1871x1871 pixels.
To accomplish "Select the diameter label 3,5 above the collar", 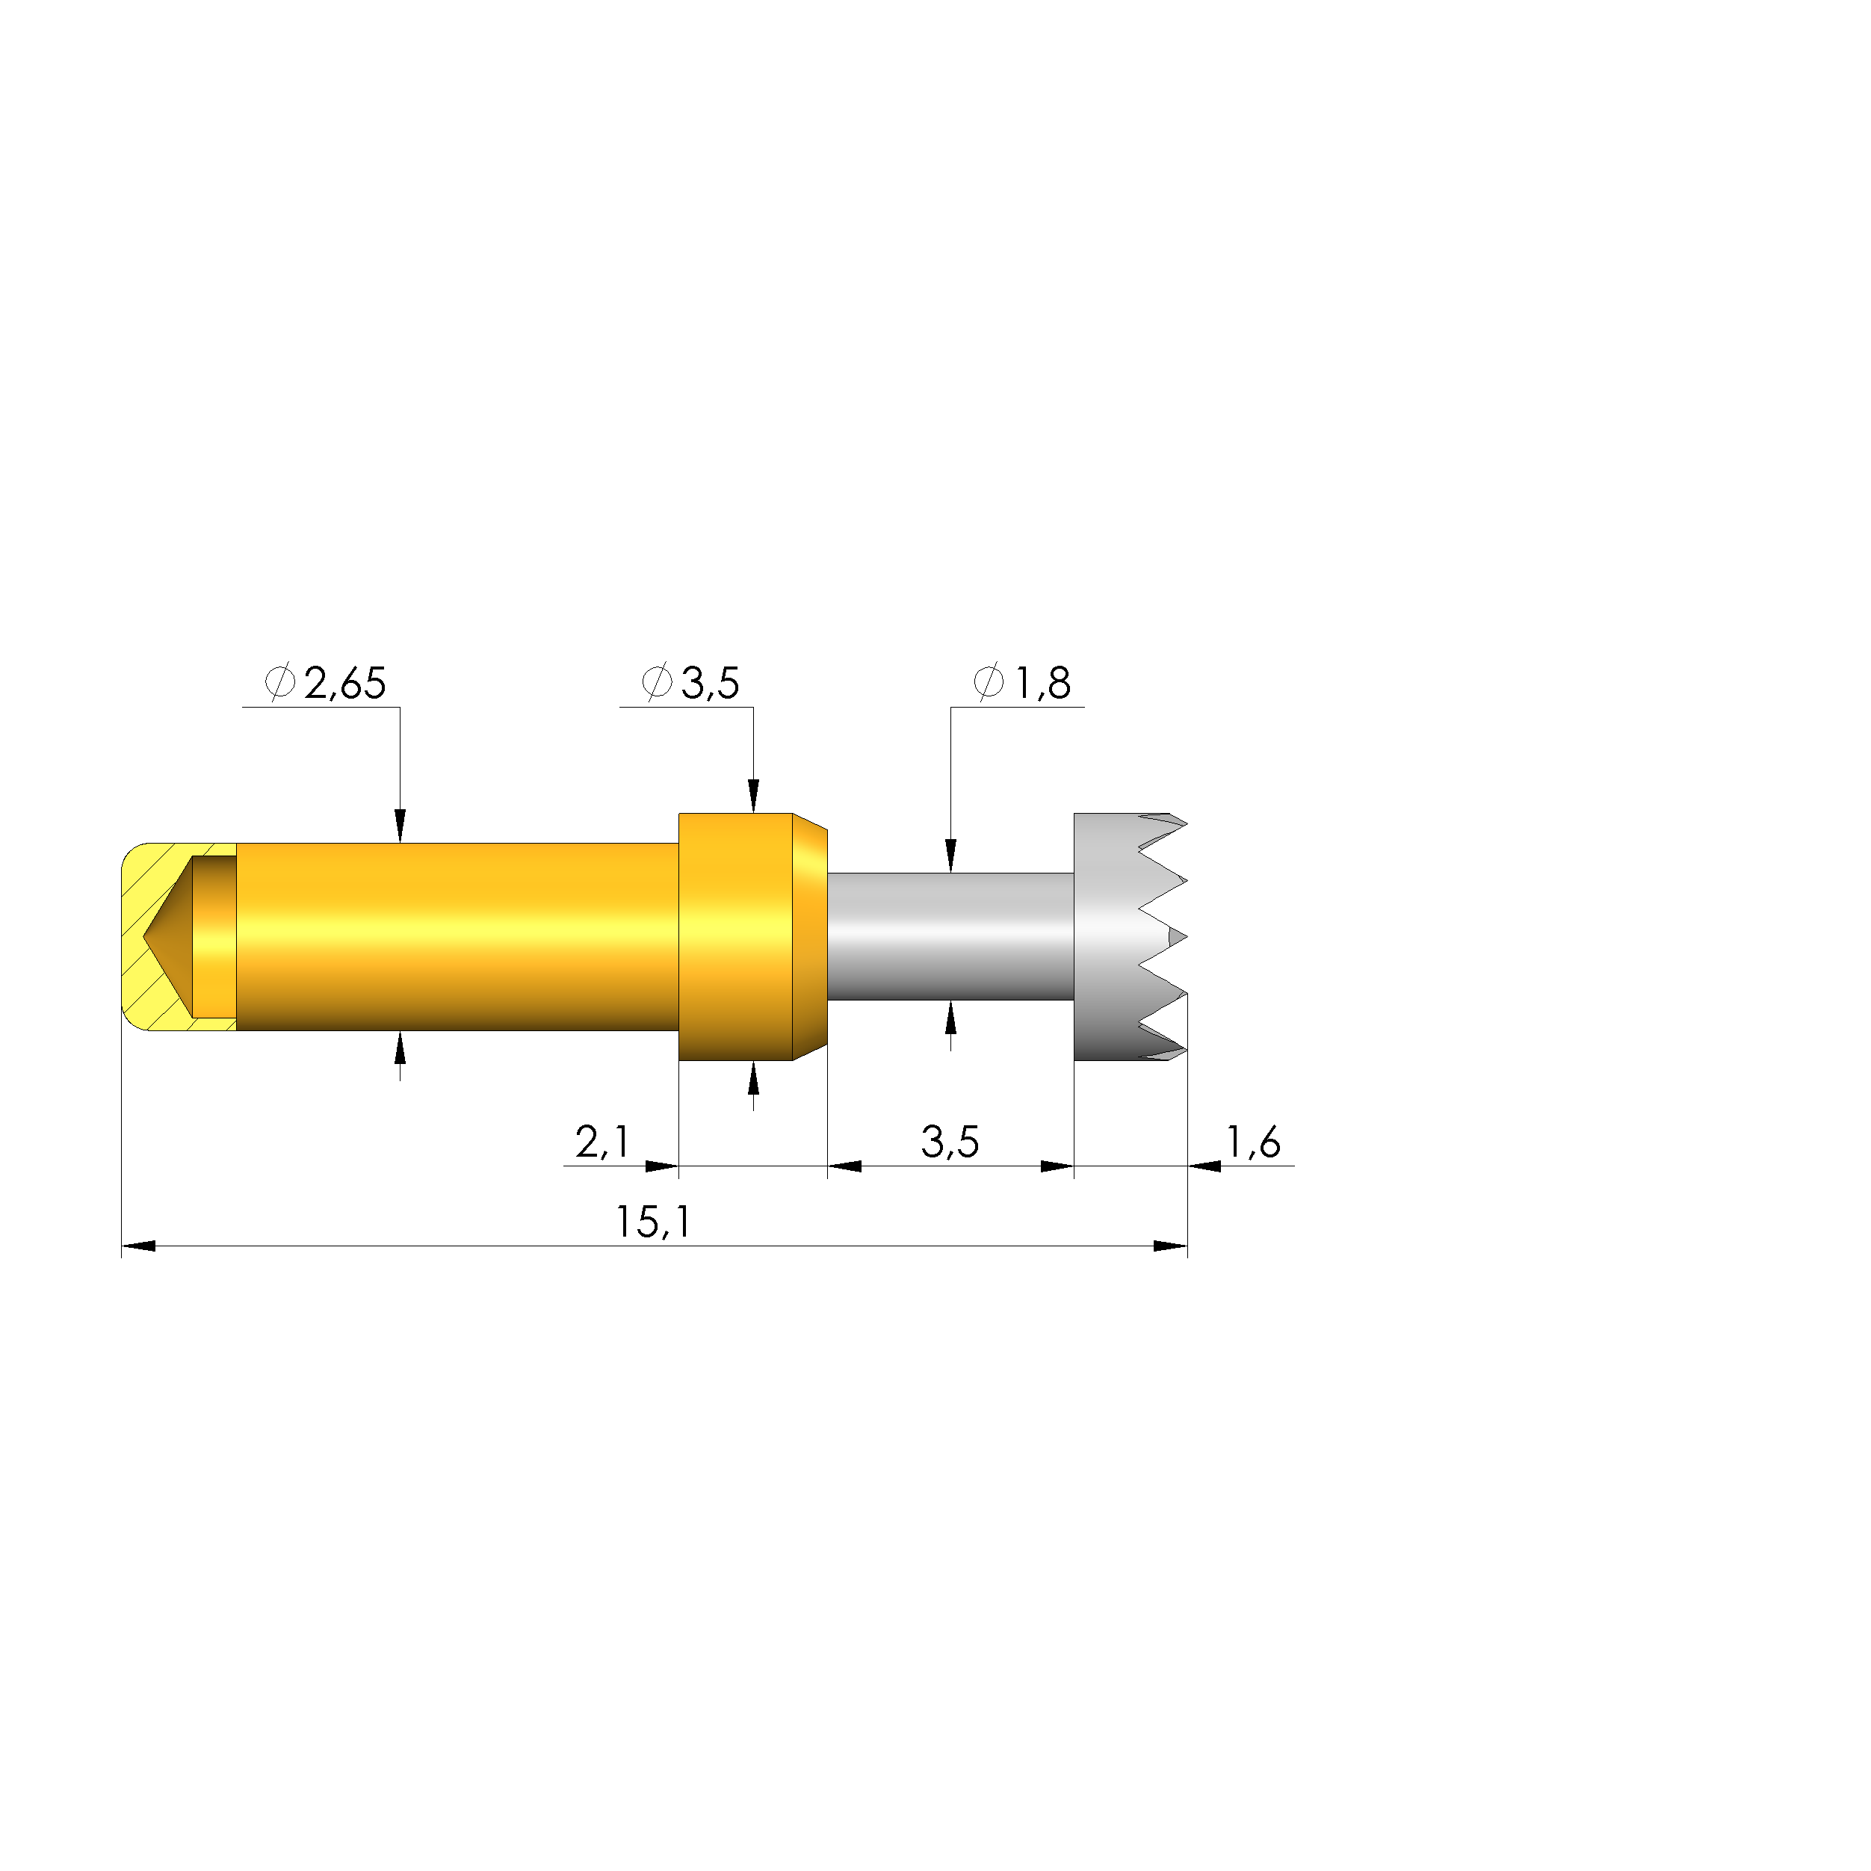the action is click(711, 684).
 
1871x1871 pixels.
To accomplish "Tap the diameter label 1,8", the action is click(1043, 684).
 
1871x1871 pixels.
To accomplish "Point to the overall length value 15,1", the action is click(654, 1222).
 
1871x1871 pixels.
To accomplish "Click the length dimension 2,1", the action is click(602, 1142).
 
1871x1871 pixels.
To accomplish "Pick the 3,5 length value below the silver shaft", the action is click(950, 1142).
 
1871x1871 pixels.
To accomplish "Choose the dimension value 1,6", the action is click(1254, 1142).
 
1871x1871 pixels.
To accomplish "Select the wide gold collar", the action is click(752, 936).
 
